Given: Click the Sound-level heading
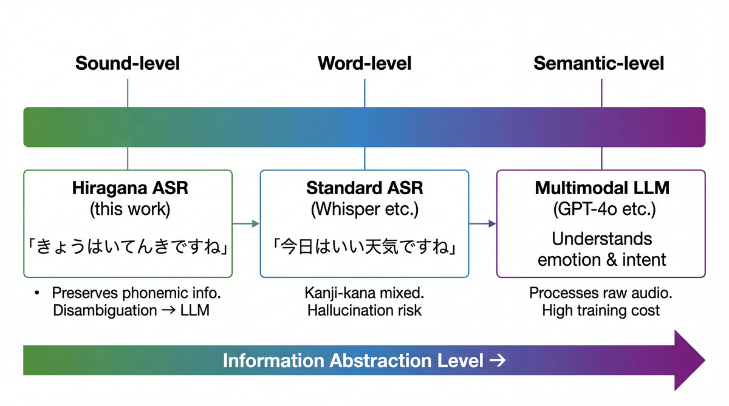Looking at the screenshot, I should click(x=128, y=63).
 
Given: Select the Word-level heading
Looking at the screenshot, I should click(x=364, y=63).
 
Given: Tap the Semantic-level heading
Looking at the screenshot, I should click(x=598, y=63).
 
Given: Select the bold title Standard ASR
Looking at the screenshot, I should click(x=364, y=188).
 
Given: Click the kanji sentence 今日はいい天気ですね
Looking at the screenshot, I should click(x=364, y=247).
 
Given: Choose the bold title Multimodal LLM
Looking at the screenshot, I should click(x=601, y=188).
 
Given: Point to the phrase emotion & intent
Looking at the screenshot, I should click(x=601, y=260).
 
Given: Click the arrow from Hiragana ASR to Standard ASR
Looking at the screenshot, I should click(x=246, y=224).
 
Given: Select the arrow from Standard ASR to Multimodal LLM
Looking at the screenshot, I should click(x=483, y=224).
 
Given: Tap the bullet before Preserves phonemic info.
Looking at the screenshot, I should click(x=38, y=294).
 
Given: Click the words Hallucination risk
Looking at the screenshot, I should click(x=364, y=311).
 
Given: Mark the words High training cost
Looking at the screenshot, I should click(x=601, y=311).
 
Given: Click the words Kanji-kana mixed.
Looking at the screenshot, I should click(x=364, y=293).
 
